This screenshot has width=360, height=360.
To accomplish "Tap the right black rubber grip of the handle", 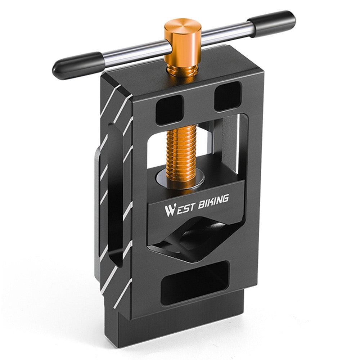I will (275, 23).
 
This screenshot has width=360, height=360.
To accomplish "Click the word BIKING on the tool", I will (211, 202).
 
